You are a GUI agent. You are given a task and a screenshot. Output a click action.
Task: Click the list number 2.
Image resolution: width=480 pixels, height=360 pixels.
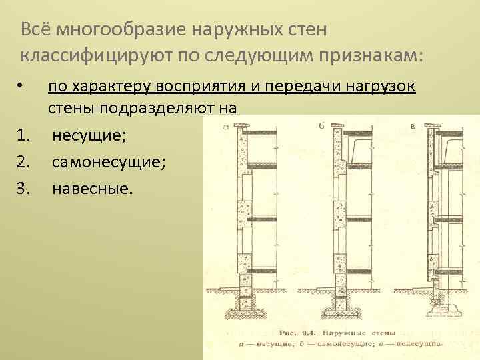(23, 162)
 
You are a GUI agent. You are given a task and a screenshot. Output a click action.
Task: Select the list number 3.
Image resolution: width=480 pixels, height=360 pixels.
(23, 189)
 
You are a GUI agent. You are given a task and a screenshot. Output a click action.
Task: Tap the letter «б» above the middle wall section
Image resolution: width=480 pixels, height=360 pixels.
(323, 125)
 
